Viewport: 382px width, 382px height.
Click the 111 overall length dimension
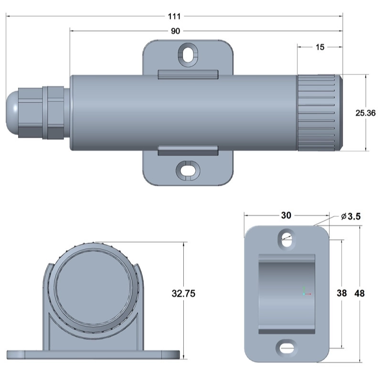pyautogui.click(x=174, y=16)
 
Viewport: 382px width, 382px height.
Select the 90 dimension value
pyautogui.click(x=175, y=31)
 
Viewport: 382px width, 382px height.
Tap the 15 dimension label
pyautogui.click(x=320, y=47)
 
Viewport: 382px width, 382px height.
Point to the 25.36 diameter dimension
pyautogui.click(x=365, y=113)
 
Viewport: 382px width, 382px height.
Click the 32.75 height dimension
pyautogui.click(x=183, y=293)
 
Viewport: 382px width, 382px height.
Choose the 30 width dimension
pyautogui.click(x=286, y=215)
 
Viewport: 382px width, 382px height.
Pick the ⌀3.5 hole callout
pyautogui.click(x=351, y=216)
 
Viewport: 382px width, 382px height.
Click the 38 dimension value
pyautogui.click(x=341, y=293)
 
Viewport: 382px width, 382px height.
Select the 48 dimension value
pyautogui.click(x=360, y=293)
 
